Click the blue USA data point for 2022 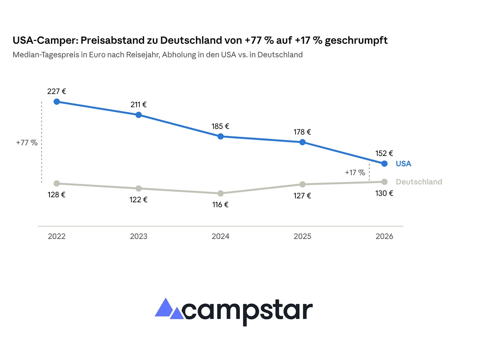pos(57,102)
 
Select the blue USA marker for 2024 pos(221,136)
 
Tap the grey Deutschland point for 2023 pos(139,188)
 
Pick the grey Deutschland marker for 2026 pos(384,182)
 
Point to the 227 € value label pos(57,91)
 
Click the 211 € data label pos(139,105)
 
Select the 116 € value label pos(220,205)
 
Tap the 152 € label pos(384,153)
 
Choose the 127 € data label pos(302,196)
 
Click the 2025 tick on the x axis pos(303,236)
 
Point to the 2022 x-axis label pos(57,236)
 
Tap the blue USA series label pos(404,164)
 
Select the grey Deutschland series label pos(419,182)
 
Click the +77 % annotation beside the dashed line pos(27,143)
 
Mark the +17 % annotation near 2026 pos(355,172)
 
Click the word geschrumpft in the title pos(356,41)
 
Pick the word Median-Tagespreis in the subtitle pos(46,55)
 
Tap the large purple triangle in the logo pos(164,307)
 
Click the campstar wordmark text pos(247,313)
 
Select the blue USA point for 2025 pos(303,142)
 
